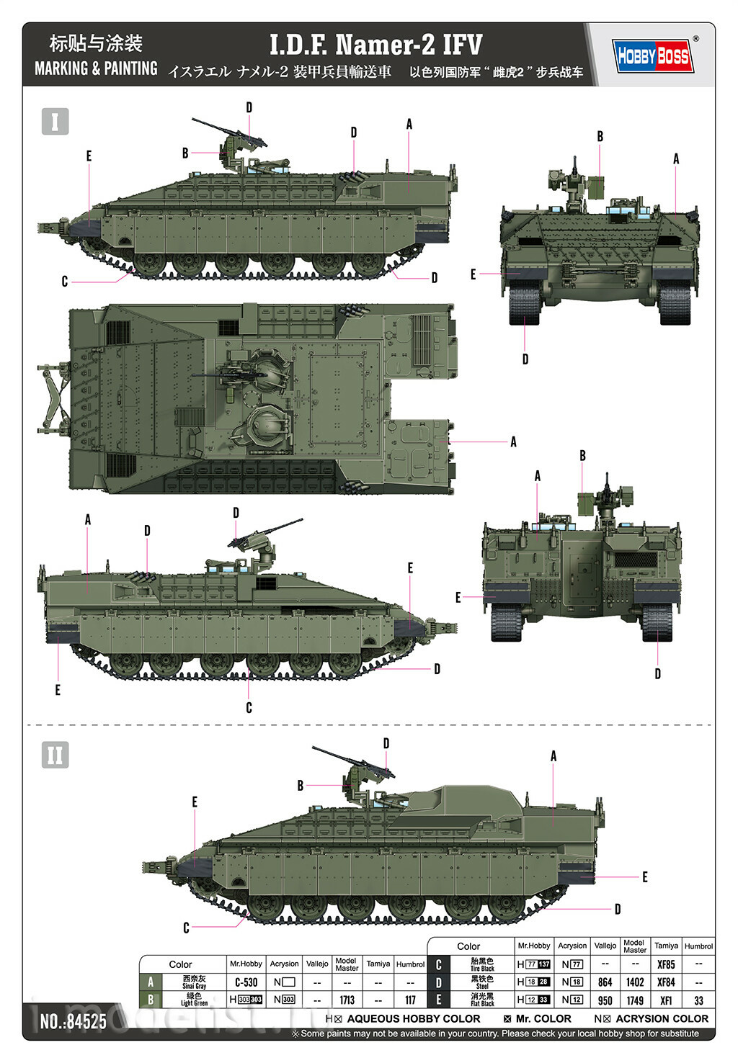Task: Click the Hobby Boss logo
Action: pyautogui.click(x=653, y=56)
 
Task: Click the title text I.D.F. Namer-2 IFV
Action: pyautogui.click(x=375, y=45)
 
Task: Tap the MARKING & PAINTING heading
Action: pyautogui.click(x=96, y=68)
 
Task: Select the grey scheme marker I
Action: pyautogui.click(x=55, y=121)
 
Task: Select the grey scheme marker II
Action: pyautogui.click(x=55, y=755)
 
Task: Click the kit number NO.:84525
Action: pyautogui.click(x=73, y=1021)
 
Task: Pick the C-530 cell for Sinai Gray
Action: pyautogui.click(x=246, y=982)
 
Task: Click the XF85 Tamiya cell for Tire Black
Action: pyautogui.click(x=666, y=964)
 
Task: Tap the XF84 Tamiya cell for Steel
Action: pyautogui.click(x=666, y=982)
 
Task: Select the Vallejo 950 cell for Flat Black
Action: pyautogui.click(x=605, y=1000)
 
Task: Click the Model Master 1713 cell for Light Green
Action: pyautogui.click(x=347, y=1000)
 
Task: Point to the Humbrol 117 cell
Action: pyautogui.click(x=410, y=1000)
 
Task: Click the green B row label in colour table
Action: pyautogui.click(x=151, y=1000)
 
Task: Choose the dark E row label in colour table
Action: pyautogui.click(x=438, y=1000)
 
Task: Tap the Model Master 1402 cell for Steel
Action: pyautogui.click(x=634, y=982)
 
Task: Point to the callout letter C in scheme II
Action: pyautogui.click(x=186, y=928)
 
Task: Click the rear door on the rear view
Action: pyautogui.click(x=581, y=575)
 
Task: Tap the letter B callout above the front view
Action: pyautogui.click(x=600, y=136)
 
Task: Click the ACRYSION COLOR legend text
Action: pyautogui.click(x=661, y=1018)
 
